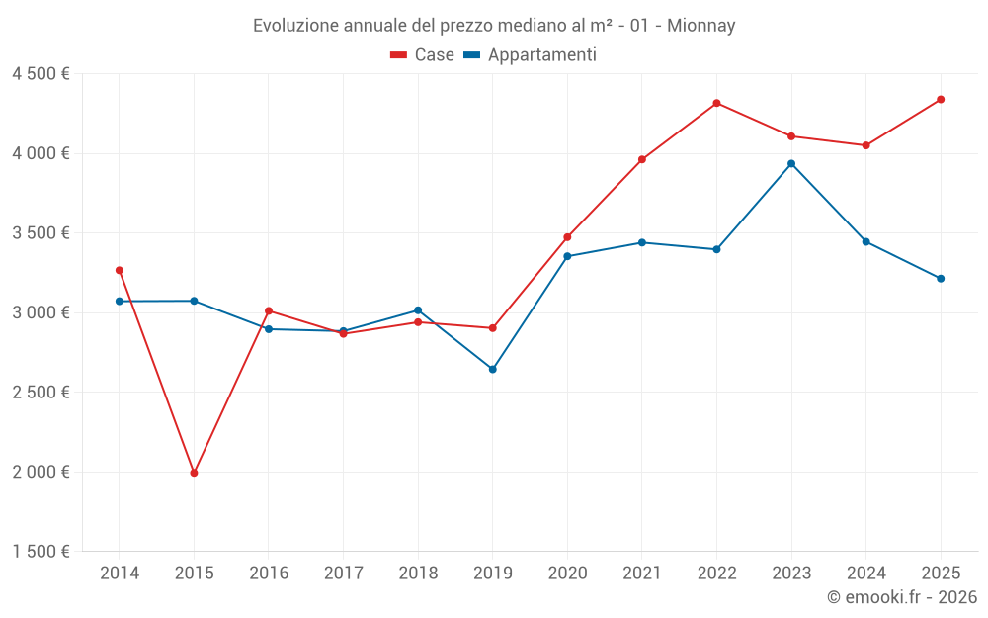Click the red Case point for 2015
pos(194,473)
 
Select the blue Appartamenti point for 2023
pos(791,163)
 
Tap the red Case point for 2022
pos(716,103)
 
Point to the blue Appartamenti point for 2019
pos(493,369)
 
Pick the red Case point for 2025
pos(941,99)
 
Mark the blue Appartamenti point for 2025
pos(941,278)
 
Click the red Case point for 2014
pos(120,270)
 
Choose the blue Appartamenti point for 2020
pos(567,256)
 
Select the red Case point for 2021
pos(642,159)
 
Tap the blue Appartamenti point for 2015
pos(194,301)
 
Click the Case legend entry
pos(422,55)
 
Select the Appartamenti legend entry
pos(530,55)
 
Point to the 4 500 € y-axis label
pos(41,74)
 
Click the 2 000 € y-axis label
pos(41,472)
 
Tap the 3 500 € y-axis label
pos(41,233)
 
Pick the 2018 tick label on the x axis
pos(418,573)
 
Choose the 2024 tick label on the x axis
pos(865,573)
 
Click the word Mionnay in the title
pos(700,26)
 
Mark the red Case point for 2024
pos(865,145)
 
